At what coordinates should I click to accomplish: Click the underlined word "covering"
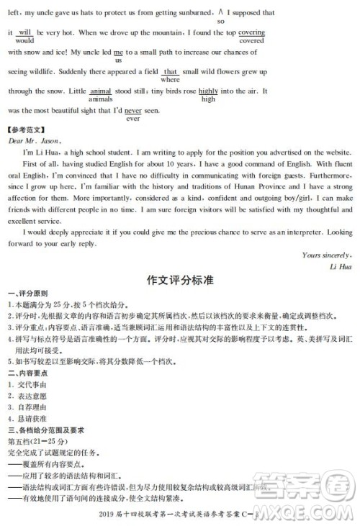pos(251,33)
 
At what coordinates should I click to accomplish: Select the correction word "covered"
pos(251,41)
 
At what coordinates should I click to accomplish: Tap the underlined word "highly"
pos(208,91)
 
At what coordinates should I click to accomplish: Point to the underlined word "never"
pos(132,111)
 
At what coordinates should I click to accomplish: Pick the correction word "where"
pos(171,80)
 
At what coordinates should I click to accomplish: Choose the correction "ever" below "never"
pos(132,119)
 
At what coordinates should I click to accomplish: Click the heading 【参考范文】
pos(26,131)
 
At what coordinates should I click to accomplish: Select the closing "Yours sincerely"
pos(326,255)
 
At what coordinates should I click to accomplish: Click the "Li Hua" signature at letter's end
pos(338,266)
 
